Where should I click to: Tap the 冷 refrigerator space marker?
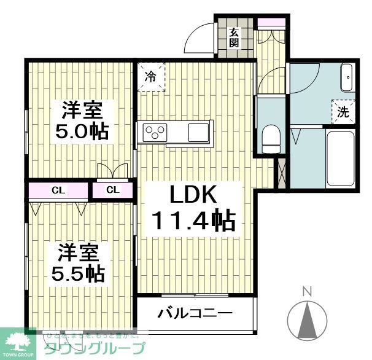pos(150,77)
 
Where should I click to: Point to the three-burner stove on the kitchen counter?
pos(155,131)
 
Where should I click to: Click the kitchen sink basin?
pos(198,131)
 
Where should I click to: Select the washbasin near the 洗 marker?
pos(346,79)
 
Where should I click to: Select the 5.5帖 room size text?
pos(76,272)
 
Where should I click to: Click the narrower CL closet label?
pos(113,190)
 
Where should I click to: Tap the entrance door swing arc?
pos(197,39)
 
